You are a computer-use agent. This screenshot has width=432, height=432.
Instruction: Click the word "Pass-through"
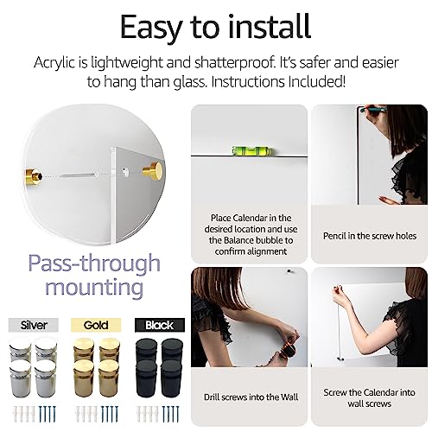[92, 263]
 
